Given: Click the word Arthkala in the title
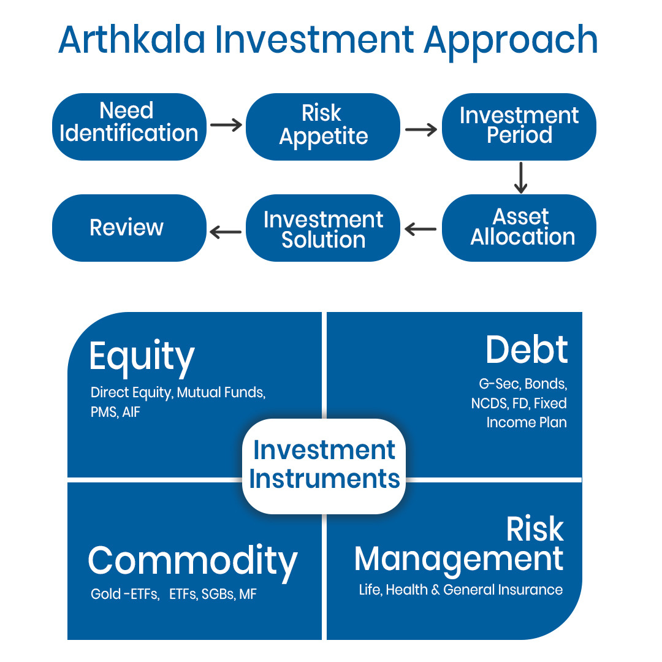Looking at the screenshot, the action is tap(132, 40).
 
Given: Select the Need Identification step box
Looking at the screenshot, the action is tap(129, 127).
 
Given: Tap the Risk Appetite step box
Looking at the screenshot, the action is tap(323, 127).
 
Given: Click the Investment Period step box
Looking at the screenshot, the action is tap(519, 127).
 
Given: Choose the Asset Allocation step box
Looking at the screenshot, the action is tap(519, 228).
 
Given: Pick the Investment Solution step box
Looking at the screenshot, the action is tap(323, 228).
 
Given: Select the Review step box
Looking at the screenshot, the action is tap(129, 228).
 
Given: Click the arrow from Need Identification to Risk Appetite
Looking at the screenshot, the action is tap(226, 125).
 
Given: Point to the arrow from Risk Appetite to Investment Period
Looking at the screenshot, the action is tap(421, 129).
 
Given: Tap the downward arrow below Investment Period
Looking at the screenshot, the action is tap(520, 178).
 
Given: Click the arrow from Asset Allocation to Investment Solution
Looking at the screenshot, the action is tap(420, 229).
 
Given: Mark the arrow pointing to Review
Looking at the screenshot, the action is tap(226, 232).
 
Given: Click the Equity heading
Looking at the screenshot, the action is tap(142, 357).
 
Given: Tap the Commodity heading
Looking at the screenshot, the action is tap(192, 562).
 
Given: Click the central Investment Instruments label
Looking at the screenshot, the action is tap(324, 465).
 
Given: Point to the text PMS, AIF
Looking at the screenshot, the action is tap(115, 412).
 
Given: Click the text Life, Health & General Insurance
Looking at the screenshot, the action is tap(460, 590).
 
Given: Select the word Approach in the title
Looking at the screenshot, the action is tap(511, 42).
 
